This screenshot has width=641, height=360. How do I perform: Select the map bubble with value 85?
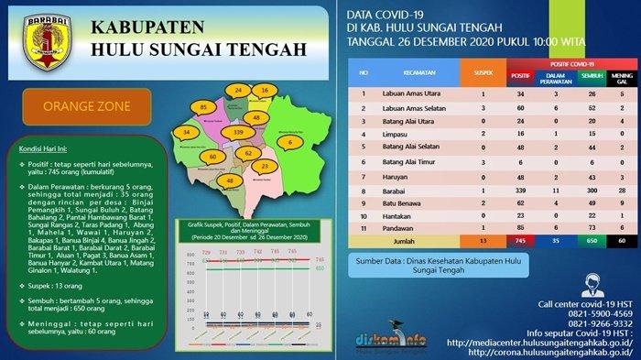tap(203, 108)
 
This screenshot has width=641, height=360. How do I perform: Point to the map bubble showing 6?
tap(290, 143)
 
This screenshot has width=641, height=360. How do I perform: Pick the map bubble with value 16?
tap(265, 92)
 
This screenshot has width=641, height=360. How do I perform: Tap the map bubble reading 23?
tap(265, 167)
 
